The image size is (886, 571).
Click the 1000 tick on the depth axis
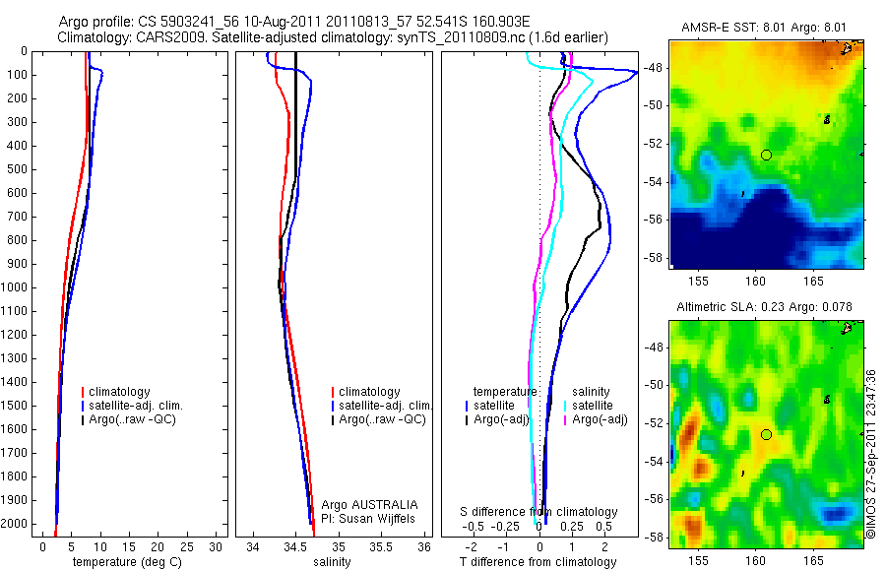pyautogui.click(x=16, y=287)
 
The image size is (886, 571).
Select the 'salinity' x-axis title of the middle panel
pyautogui.click(x=331, y=562)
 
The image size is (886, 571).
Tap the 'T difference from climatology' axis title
pyautogui.click(x=538, y=562)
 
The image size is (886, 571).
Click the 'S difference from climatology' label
pyautogui.click(x=539, y=512)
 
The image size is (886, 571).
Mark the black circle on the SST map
pyautogui.click(x=766, y=155)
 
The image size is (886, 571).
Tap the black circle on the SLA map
pyautogui.click(x=766, y=434)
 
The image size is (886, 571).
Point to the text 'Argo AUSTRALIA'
pyautogui.click(x=362, y=504)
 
